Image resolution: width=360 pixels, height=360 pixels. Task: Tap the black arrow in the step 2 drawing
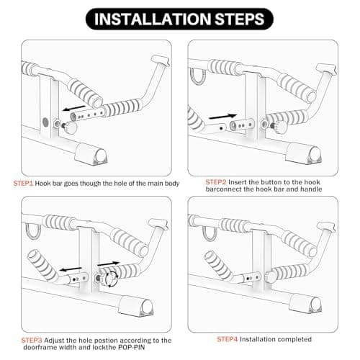[x=224, y=114]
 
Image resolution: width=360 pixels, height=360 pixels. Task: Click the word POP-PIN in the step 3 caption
[x=145, y=348]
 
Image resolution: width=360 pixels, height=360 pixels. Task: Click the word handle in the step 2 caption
[x=309, y=191]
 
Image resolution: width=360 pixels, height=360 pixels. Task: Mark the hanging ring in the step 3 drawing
[x=32, y=230]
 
